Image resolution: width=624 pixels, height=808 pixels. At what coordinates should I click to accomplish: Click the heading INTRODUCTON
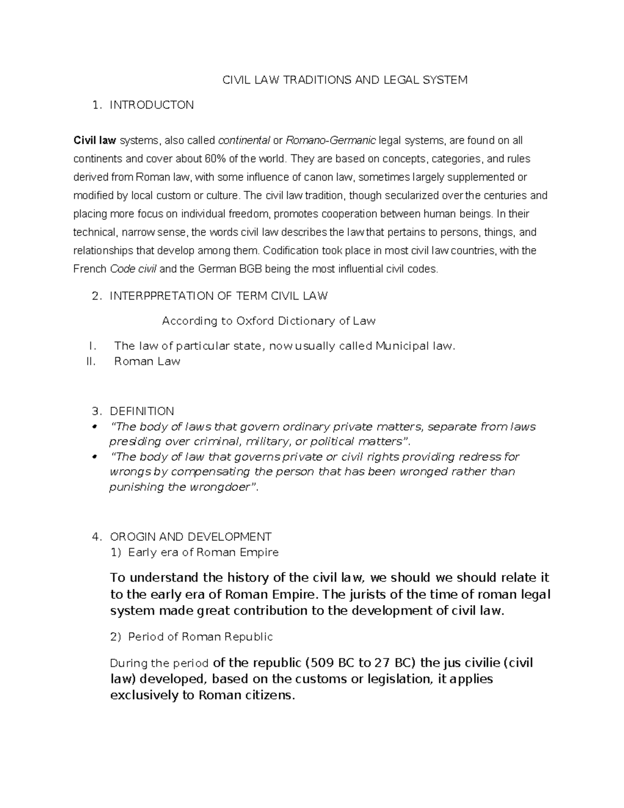151,105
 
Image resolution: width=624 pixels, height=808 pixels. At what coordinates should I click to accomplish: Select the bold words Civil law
95,140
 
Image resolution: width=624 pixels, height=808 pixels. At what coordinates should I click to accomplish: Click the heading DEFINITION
142,411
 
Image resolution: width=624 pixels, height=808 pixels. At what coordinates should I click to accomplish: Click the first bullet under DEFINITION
95,427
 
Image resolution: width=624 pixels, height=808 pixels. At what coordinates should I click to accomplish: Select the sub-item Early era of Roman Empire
203,552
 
